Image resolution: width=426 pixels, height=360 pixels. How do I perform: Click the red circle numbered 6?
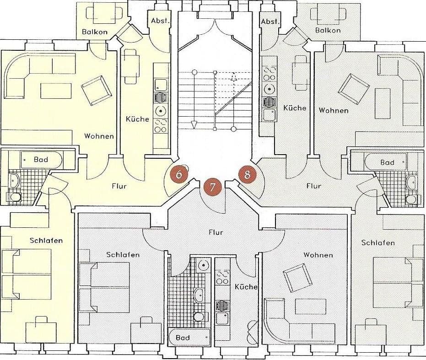point(179,174)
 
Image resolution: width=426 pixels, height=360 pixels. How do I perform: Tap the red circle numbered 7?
point(212,187)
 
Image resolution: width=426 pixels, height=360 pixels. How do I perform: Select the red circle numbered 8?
point(247,175)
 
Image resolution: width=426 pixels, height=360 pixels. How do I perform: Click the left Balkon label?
point(95,32)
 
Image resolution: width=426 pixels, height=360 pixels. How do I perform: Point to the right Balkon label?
point(328,30)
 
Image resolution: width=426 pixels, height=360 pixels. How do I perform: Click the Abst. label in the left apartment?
point(161,21)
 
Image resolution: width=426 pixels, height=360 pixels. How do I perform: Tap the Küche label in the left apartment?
point(137,119)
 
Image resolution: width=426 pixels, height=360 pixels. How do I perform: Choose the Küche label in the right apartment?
point(295,108)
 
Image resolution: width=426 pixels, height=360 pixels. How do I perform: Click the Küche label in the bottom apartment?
point(246,287)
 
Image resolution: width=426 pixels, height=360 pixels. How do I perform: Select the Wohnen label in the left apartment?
point(99,136)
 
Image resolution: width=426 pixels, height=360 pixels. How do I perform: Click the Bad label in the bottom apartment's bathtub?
point(183,338)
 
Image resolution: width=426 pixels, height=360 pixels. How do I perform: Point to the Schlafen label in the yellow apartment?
point(46,241)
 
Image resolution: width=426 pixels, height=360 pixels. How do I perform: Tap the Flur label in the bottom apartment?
point(216,232)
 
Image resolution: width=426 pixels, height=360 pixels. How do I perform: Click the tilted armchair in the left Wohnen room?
point(97,90)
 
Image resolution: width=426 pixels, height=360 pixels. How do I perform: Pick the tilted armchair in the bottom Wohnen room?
point(298,278)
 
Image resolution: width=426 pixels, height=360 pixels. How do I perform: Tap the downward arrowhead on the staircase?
point(194,125)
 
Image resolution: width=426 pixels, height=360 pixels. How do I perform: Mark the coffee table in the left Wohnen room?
point(56,91)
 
